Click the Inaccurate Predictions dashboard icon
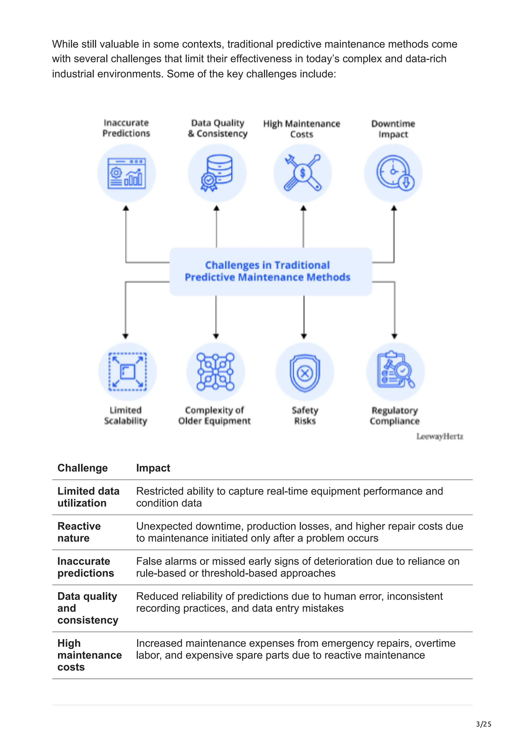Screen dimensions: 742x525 [126, 173]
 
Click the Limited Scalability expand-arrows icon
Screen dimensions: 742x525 [127, 372]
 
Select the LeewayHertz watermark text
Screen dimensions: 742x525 [440, 437]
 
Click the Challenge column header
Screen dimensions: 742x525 [83, 468]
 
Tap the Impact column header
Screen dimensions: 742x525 [153, 468]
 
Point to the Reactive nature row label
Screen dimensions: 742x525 [79, 532]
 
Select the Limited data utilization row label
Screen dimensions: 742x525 [88, 497]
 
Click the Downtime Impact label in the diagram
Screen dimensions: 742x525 [393, 129]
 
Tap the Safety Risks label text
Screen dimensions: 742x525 [305, 416]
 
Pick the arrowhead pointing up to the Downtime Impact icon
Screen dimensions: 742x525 [394, 208]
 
